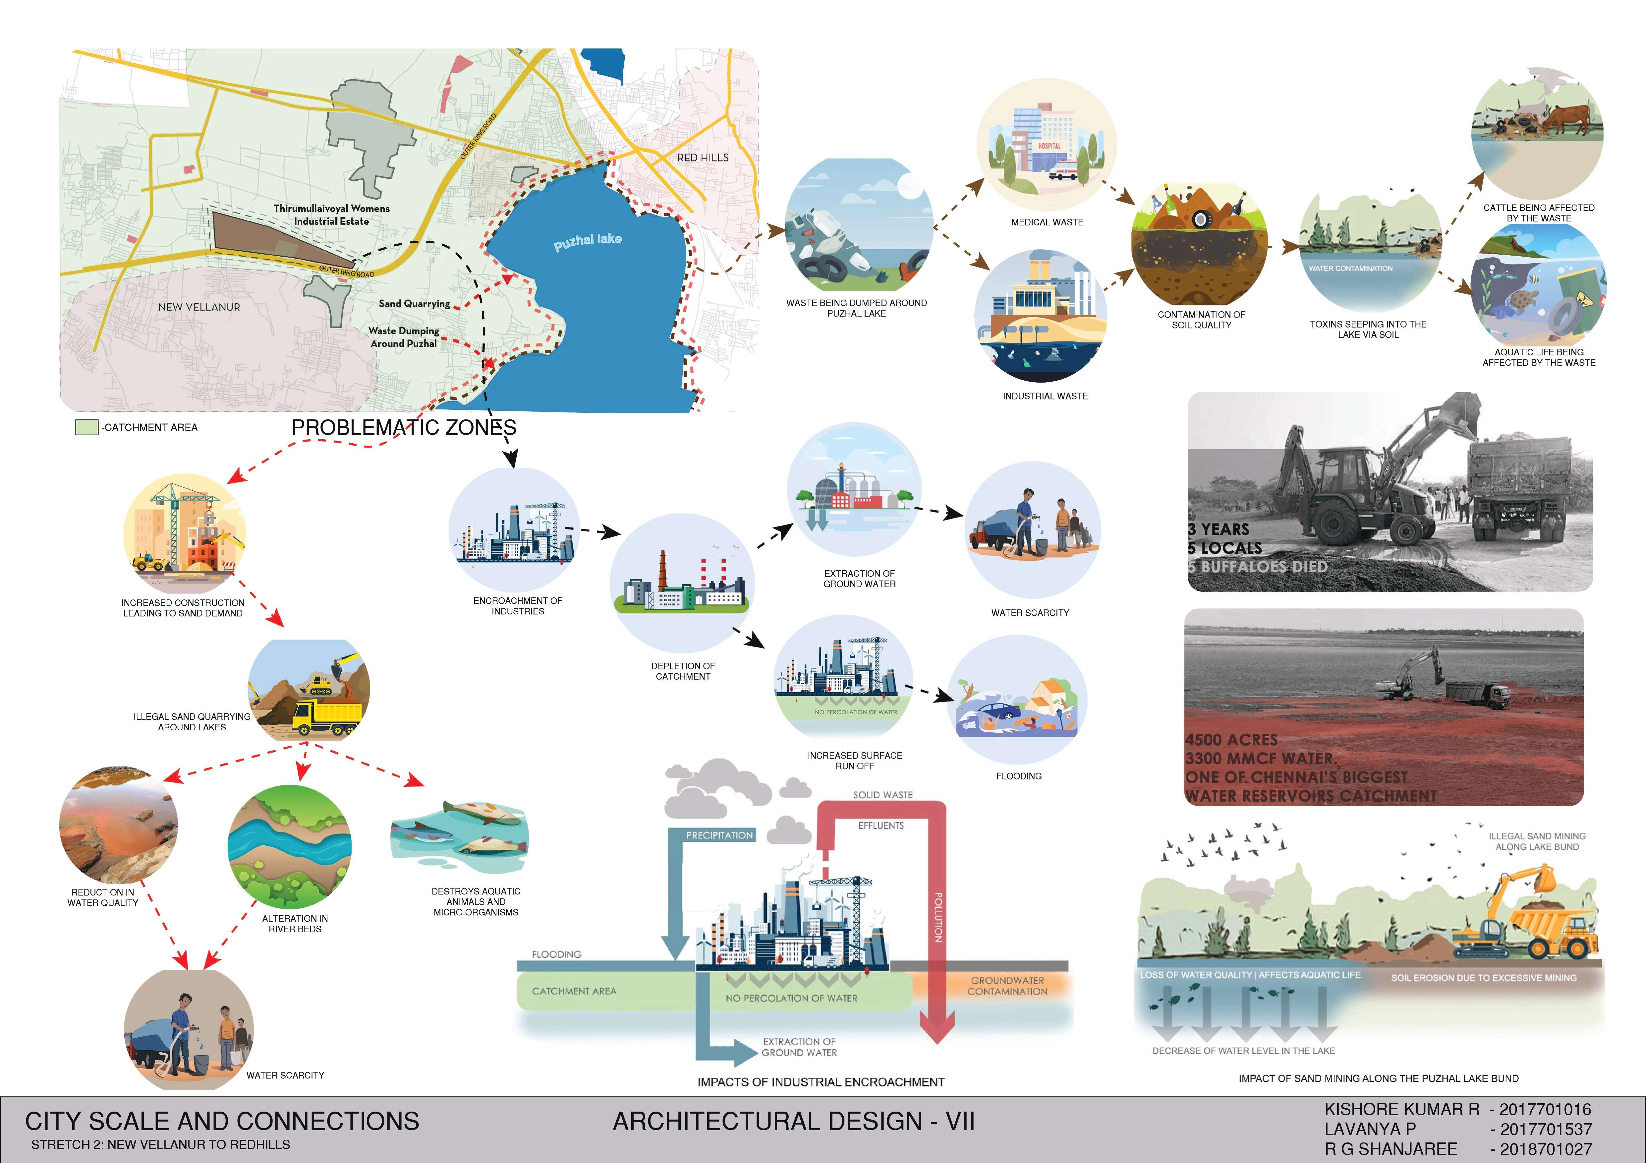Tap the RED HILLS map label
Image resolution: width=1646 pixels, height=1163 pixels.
703,157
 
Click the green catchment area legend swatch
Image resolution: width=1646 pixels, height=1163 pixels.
86,427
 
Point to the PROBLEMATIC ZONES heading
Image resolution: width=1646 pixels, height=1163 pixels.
404,427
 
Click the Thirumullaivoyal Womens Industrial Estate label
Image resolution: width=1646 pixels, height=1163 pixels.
331,214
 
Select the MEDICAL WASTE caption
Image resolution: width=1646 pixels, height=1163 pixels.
1047,222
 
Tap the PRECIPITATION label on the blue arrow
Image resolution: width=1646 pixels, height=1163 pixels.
719,835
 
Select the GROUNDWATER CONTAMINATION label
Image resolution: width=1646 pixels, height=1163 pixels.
1007,986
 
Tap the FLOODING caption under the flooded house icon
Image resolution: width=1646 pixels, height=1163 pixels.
1019,776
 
